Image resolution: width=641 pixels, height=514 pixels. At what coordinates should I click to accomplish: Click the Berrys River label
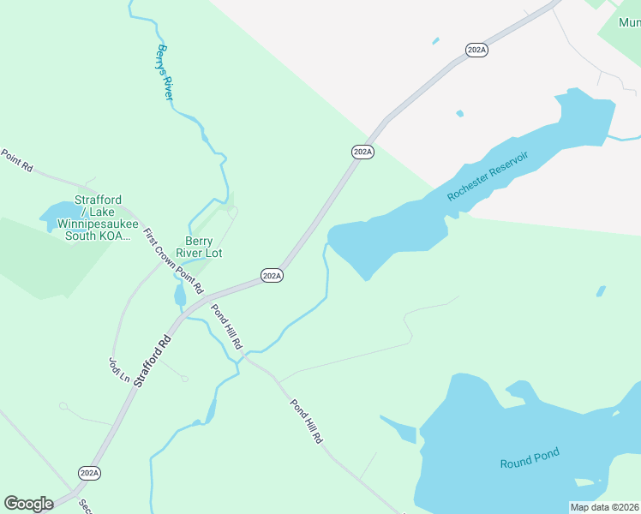(x=165, y=73)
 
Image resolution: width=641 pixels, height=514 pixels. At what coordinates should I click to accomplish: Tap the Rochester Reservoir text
(x=488, y=176)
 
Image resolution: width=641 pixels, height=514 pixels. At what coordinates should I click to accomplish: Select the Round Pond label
(x=530, y=463)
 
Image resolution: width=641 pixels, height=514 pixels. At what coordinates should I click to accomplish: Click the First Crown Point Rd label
(x=172, y=260)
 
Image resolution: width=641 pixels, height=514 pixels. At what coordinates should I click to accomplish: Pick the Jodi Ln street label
(x=118, y=370)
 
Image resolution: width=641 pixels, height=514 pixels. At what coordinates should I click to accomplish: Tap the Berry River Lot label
(x=199, y=247)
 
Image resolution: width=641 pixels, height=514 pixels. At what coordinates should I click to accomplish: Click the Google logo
(x=28, y=504)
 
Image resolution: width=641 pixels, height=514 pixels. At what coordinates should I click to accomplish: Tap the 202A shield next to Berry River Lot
(x=272, y=276)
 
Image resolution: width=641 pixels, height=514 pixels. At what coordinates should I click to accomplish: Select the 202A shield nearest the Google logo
(x=89, y=473)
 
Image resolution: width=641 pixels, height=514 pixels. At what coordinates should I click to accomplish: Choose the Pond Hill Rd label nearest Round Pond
(x=305, y=421)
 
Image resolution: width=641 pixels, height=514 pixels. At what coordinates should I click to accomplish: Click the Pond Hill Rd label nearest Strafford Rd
(x=227, y=326)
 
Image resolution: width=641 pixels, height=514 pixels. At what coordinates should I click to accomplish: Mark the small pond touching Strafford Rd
(x=179, y=296)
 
